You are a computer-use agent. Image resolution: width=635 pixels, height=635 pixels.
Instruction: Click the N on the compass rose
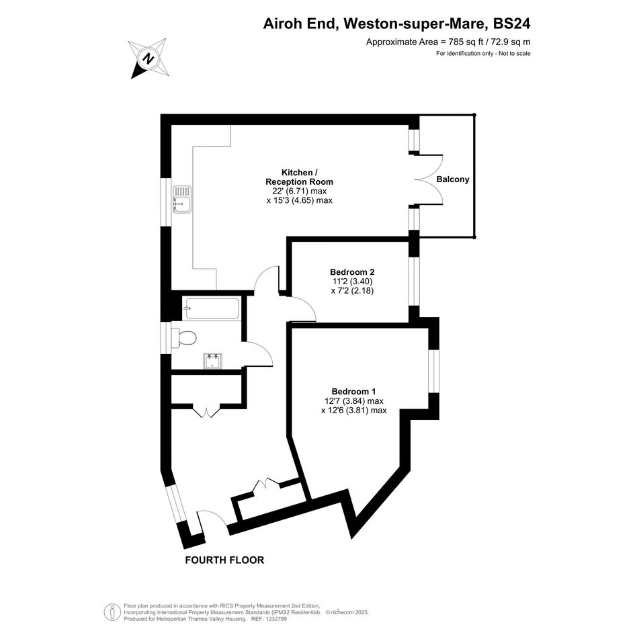pyautogui.click(x=149, y=58)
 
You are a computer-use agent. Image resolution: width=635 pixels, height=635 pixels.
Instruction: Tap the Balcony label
pyautogui.click(x=453, y=179)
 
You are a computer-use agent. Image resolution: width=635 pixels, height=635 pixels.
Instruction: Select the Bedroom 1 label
pyautogui.click(x=353, y=392)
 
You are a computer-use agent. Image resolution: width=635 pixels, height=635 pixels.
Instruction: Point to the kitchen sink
pyautogui.click(x=182, y=199)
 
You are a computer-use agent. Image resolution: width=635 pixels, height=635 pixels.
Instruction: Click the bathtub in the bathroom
pyautogui.click(x=212, y=309)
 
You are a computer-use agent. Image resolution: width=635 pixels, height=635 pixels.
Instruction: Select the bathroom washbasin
pyautogui.click(x=212, y=361)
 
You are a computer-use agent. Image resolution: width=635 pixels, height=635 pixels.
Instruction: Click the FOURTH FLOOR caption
pyautogui.click(x=224, y=560)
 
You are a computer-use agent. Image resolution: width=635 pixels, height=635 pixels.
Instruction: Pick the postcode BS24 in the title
pyautogui.click(x=511, y=24)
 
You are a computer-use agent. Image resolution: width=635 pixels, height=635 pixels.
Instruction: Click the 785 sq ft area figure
pyautogui.click(x=464, y=42)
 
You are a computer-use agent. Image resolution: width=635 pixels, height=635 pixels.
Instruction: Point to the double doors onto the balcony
pyautogui.click(x=429, y=180)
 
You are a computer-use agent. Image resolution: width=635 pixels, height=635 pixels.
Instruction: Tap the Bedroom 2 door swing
pyautogui.click(x=301, y=306)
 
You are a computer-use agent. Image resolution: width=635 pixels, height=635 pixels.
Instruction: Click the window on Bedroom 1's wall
pyautogui.click(x=433, y=372)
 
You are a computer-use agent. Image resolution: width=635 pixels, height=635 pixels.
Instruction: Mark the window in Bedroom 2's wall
pyautogui.click(x=413, y=281)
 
